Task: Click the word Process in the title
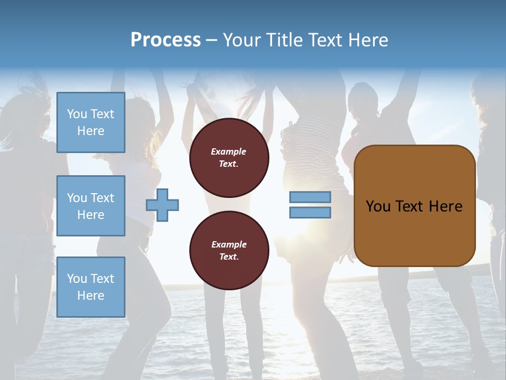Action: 166,40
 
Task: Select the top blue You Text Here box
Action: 91,122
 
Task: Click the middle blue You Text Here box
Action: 91,206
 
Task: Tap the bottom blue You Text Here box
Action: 91,287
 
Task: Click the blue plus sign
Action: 162,205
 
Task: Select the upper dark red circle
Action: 229,158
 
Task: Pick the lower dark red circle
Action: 229,251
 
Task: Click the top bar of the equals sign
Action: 310,197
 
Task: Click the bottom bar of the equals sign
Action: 310,213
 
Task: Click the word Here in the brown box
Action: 445,206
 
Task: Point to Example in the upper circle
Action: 229,151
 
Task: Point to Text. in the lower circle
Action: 229,257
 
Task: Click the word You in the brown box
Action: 378,206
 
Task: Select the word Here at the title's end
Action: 369,40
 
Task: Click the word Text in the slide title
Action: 326,40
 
